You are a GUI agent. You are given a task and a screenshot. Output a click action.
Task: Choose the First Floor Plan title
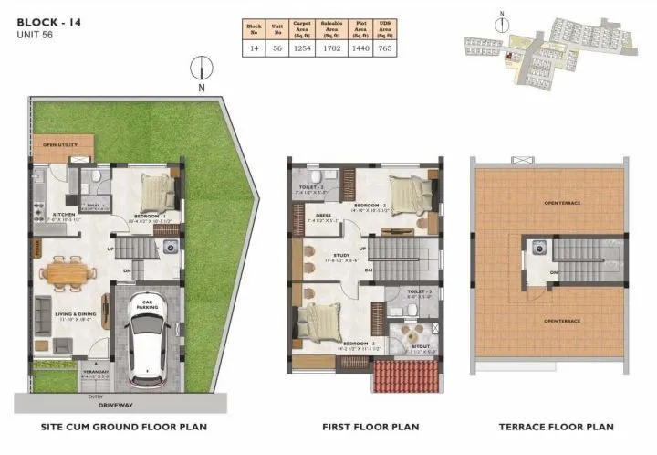click(x=370, y=427)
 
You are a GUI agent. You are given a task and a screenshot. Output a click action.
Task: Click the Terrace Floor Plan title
click(x=556, y=427)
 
